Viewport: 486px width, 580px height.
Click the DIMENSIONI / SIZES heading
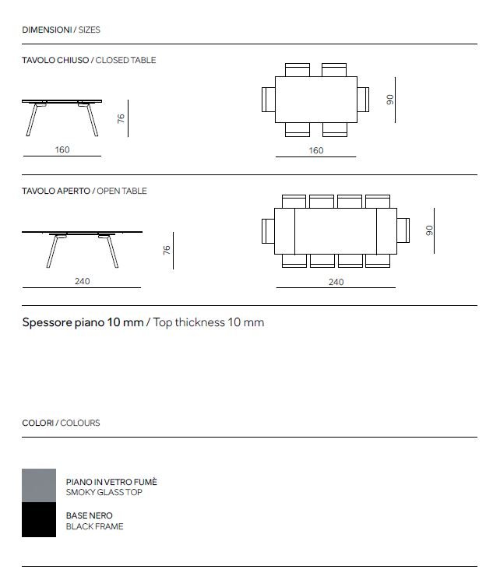click(61, 30)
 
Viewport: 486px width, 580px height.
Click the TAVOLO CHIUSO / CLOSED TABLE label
click(89, 60)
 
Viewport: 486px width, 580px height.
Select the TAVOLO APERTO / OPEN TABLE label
click(84, 191)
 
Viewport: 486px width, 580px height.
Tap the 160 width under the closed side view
click(62, 149)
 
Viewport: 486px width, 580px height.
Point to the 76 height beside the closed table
click(121, 118)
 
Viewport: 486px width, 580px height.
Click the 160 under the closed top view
click(316, 150)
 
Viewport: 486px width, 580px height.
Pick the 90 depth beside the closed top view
click(390, 100)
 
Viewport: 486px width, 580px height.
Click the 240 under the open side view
click(83, 281)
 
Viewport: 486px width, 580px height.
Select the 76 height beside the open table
click(166, 250)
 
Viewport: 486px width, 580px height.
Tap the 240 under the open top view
click(336, 282)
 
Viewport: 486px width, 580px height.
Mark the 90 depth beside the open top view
click(429, 230)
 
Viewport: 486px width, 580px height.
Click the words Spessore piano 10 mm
click(83, 322)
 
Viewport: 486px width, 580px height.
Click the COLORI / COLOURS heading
click(61, 423)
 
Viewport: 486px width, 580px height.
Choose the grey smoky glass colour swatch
click(39, 485)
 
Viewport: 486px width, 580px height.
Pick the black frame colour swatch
click(39, 519)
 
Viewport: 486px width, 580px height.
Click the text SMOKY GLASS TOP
click(104, 492)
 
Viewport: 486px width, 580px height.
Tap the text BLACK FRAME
click(94, 526)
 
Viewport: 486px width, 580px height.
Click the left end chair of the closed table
click(269, 100)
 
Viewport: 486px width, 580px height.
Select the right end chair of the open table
click(403, 231)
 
